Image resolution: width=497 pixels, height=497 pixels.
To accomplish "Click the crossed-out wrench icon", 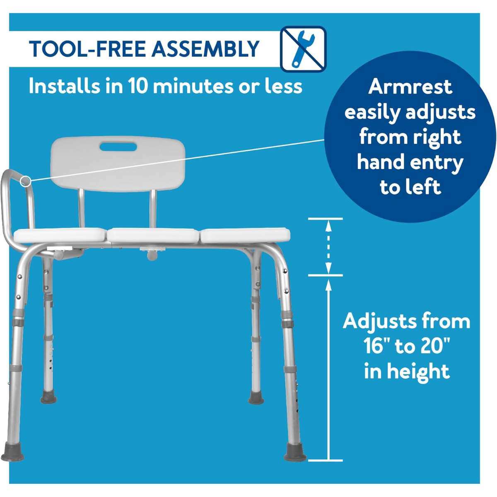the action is pos(304,49).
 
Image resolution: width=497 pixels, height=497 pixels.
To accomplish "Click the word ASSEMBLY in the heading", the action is pos(205,48).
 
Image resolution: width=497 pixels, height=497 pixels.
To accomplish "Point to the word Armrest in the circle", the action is pos(410,87).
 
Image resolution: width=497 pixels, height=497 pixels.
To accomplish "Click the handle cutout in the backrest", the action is pos(118,147).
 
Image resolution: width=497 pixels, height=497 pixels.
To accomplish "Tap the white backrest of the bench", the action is pos(118,164).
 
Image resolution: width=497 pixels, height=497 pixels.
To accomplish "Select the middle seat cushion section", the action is pos(153,235).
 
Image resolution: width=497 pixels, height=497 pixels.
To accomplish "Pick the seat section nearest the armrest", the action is pos(60,235).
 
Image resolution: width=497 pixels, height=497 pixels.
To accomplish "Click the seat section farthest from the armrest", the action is pos(245,235).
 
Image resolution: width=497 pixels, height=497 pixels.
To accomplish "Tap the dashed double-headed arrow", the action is pos(328,247).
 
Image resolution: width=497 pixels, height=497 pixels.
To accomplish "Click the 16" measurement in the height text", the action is pos(377,346).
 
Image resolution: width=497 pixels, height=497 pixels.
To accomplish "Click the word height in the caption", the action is pos(418,372).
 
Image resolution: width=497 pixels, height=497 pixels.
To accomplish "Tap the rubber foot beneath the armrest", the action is pos(12,451).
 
